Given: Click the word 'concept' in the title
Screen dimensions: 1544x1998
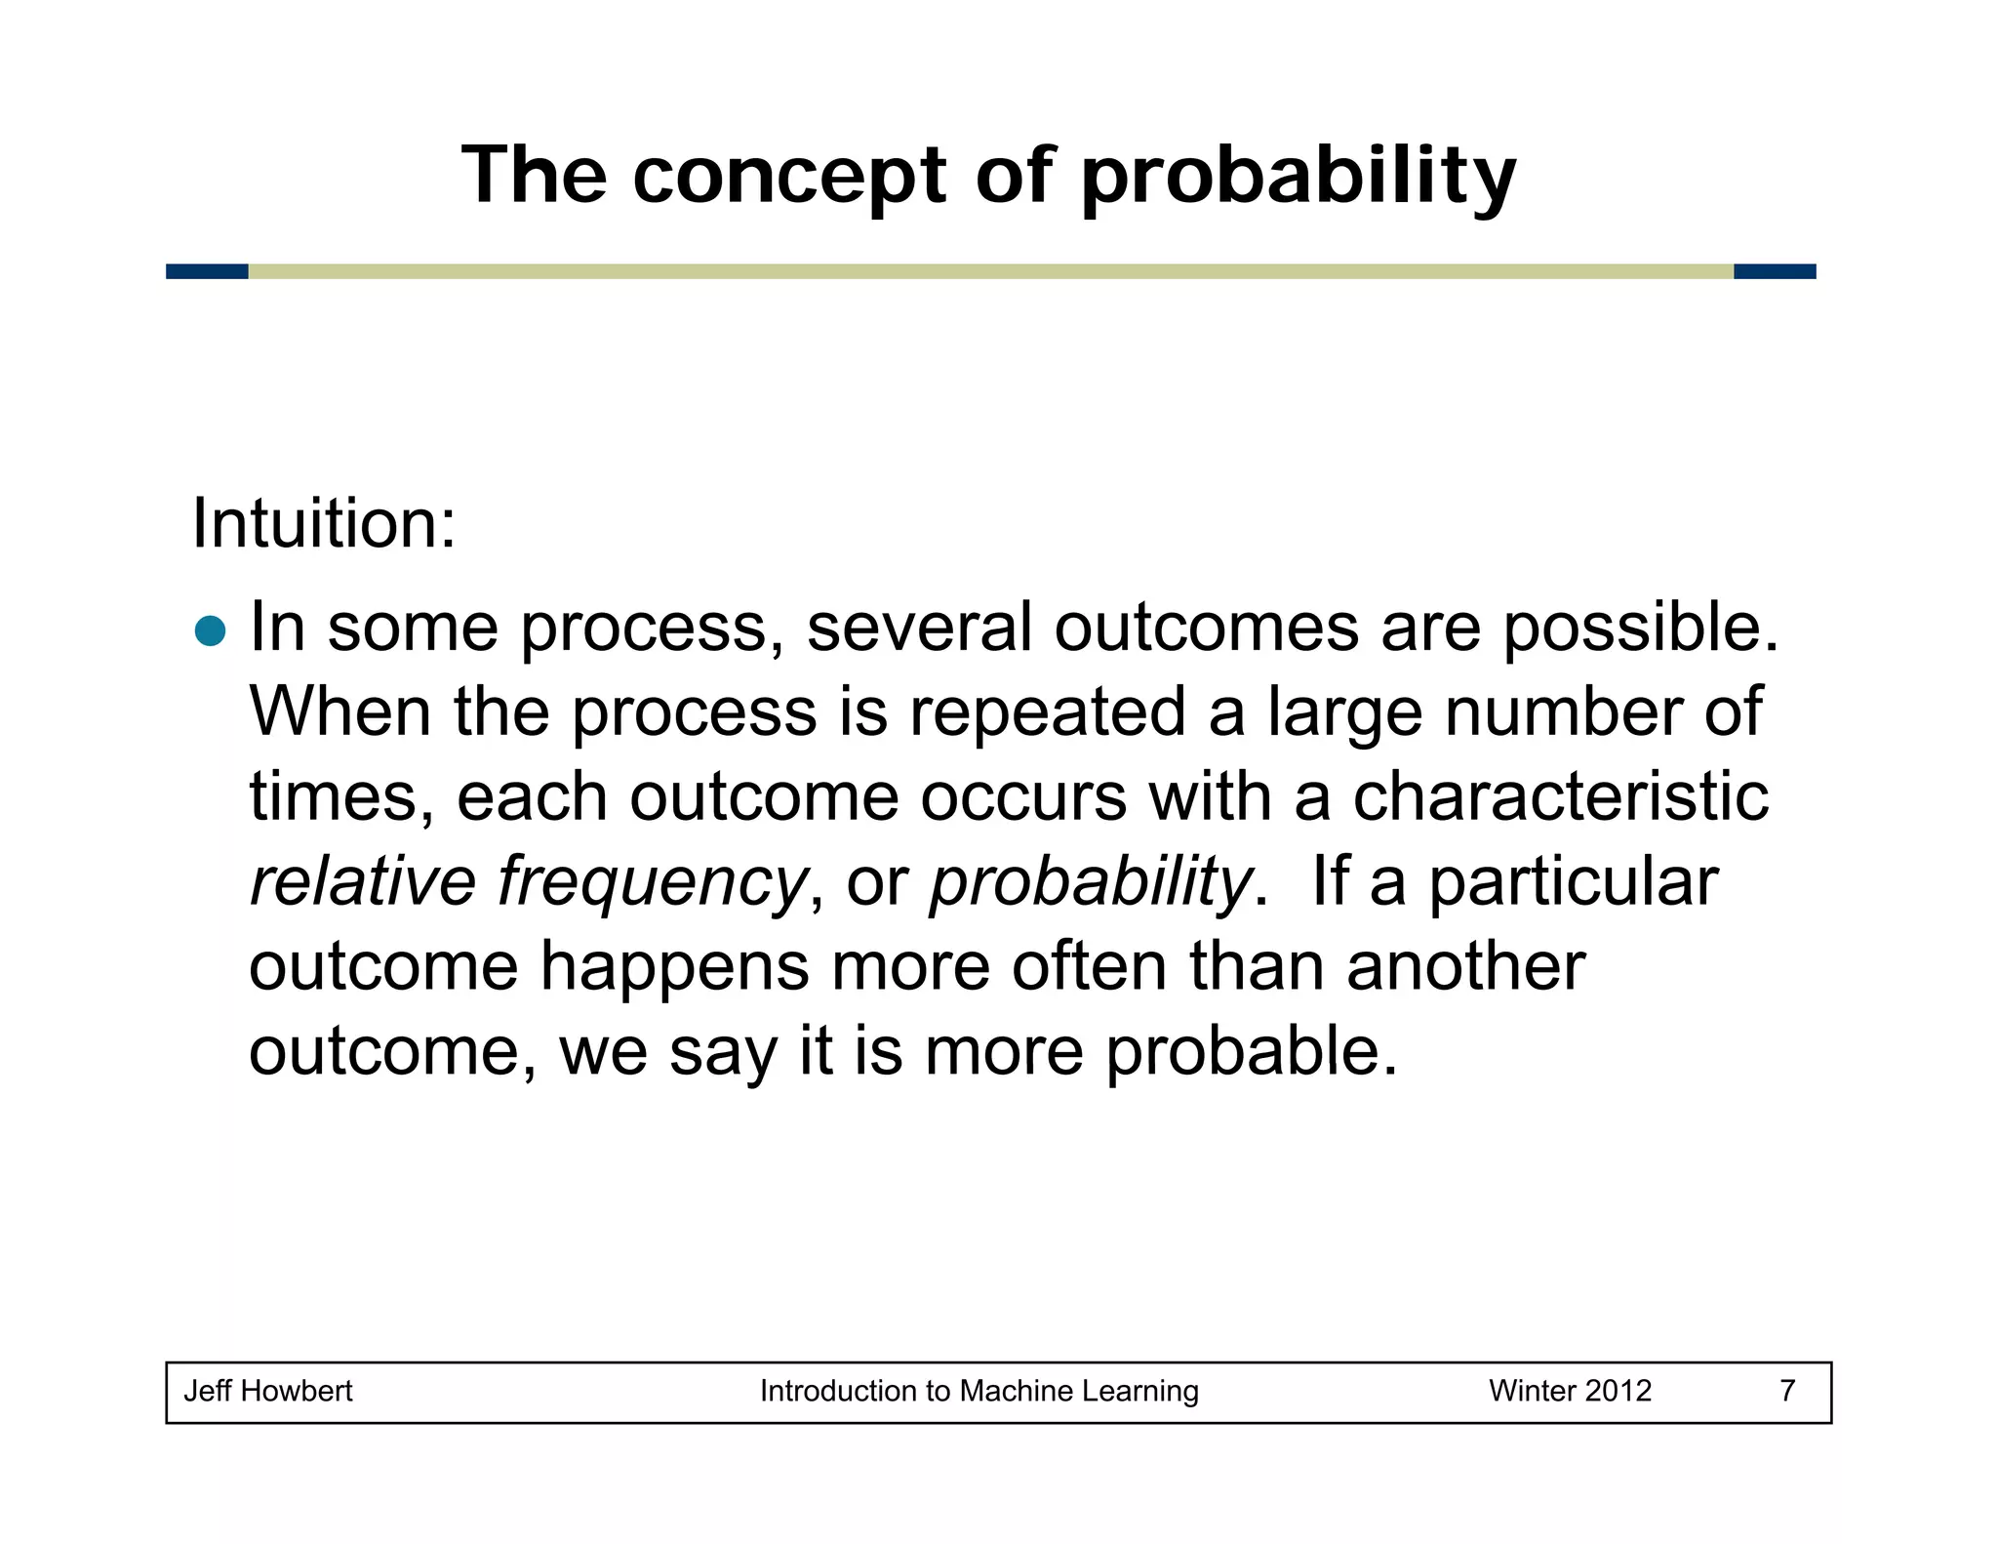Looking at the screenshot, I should click(x=789, y=178).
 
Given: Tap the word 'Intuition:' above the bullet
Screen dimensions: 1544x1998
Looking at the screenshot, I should click(x=324, y=525).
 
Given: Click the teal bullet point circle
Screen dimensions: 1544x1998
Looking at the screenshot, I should click(x=210, y=631).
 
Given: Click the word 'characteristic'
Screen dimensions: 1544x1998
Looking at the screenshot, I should click(x=1560, y=796).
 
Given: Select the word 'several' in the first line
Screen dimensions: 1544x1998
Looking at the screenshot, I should click(x=919, y=627).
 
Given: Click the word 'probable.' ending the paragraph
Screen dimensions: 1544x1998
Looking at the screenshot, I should click(x=1252, y=1052).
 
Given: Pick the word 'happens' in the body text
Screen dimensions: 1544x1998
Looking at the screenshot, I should click(x=675, y=967).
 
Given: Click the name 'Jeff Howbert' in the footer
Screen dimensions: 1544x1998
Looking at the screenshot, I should click(x=268, y=1391).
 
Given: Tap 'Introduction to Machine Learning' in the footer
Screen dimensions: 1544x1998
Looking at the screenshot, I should click(x=979, y=1391).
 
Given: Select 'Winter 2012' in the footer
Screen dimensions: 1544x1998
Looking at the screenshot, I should click(x=1570, y=1391).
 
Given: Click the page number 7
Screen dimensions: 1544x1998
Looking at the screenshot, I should click(x=1787, y=1391).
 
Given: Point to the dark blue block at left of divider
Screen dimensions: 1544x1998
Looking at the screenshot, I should click(x=207, y=271).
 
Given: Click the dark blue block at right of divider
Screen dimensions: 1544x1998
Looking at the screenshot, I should click(x=1775, y=271).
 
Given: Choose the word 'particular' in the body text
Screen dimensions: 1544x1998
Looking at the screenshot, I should click(x=1573, y=882).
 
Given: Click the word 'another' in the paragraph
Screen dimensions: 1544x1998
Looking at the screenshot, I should click(x=1465, y=967).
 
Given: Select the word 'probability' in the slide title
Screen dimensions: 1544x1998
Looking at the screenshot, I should click(x=1299, y=178).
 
